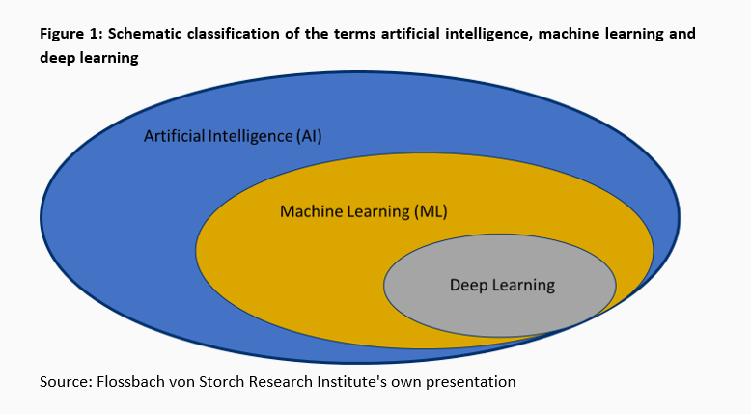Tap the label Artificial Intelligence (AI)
click(233, 136)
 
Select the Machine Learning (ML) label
click(364, 210)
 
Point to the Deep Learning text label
click(502, 285)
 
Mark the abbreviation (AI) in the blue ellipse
click(309, 136)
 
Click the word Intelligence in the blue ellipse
click(250, 136)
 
